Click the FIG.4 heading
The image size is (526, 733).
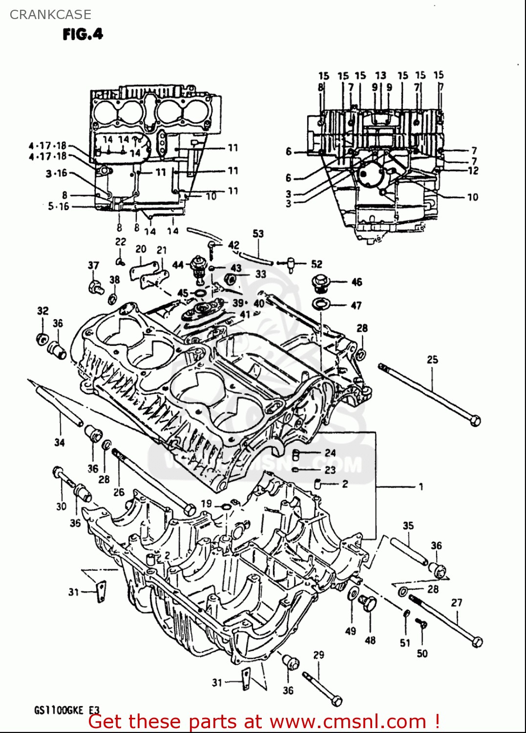point(83,34)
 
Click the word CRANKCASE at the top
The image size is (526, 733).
point(50,15)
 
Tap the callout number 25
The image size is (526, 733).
point(432,360)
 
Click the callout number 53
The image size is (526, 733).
point(258,234)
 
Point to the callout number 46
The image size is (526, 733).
point(357,282)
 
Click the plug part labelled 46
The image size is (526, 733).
point(321,282)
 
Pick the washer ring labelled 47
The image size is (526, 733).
point(320,304)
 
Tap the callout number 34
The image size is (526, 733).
point(59,442)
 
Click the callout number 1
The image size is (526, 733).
point(421,487)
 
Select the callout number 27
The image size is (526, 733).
point(456,603)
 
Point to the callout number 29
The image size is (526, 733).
point(318,655)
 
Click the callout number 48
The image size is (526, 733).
point(370,640)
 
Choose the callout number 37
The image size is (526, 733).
point(93,265)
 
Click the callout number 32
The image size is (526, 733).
point(43,311)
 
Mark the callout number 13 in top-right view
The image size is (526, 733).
point(380,75)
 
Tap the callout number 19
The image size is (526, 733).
point(206,503)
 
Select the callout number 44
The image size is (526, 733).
point(178,265)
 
